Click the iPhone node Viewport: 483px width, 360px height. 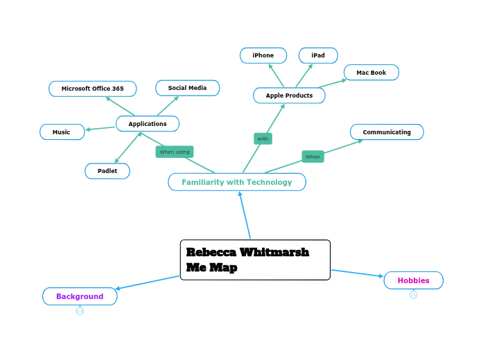pyautogui.click(x=263, y=55)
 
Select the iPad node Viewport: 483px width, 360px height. pyautogui.click(x=318, y=55)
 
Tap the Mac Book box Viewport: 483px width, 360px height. pyautogui.click(x=371, y=73)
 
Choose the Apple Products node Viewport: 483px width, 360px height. pyautogui.click(x=289, y=96)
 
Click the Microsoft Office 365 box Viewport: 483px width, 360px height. pyautogui.click(x=92, y=89)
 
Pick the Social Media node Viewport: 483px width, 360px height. pyautogui.click(x=187, y=88)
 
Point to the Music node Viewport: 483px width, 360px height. pyautogui.click(x=62, y=132)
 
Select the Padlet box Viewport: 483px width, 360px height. pyautogui.click(x=107, y=171)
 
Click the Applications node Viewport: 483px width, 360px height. pyautogui.click(x=148, y=124)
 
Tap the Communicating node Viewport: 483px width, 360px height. pyautogui.click(x=387, y=132)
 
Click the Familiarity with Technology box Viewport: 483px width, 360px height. pyautogui.click(x=237, y=182)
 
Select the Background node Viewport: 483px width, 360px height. pyautogui.click(x=80, y=296)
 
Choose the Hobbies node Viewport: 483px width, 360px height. pyautogui.click(x=413, y=280)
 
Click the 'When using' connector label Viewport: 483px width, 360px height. pyautogui.click(x=175, y=152)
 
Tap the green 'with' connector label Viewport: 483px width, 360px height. pyautogui.click(x=263, y=138)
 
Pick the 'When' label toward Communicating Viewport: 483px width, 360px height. pyautogui.click(x=313, y=156)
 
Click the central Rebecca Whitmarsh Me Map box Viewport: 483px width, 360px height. pyautogui.click(x=255, y=260)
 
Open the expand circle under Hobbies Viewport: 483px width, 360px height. pyautogui.click(x=413, y=295)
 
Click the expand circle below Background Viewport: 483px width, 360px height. pyautogui.click(x=80, y=311)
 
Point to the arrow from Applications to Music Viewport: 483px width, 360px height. pyautogui.click(x=100, y=128)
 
